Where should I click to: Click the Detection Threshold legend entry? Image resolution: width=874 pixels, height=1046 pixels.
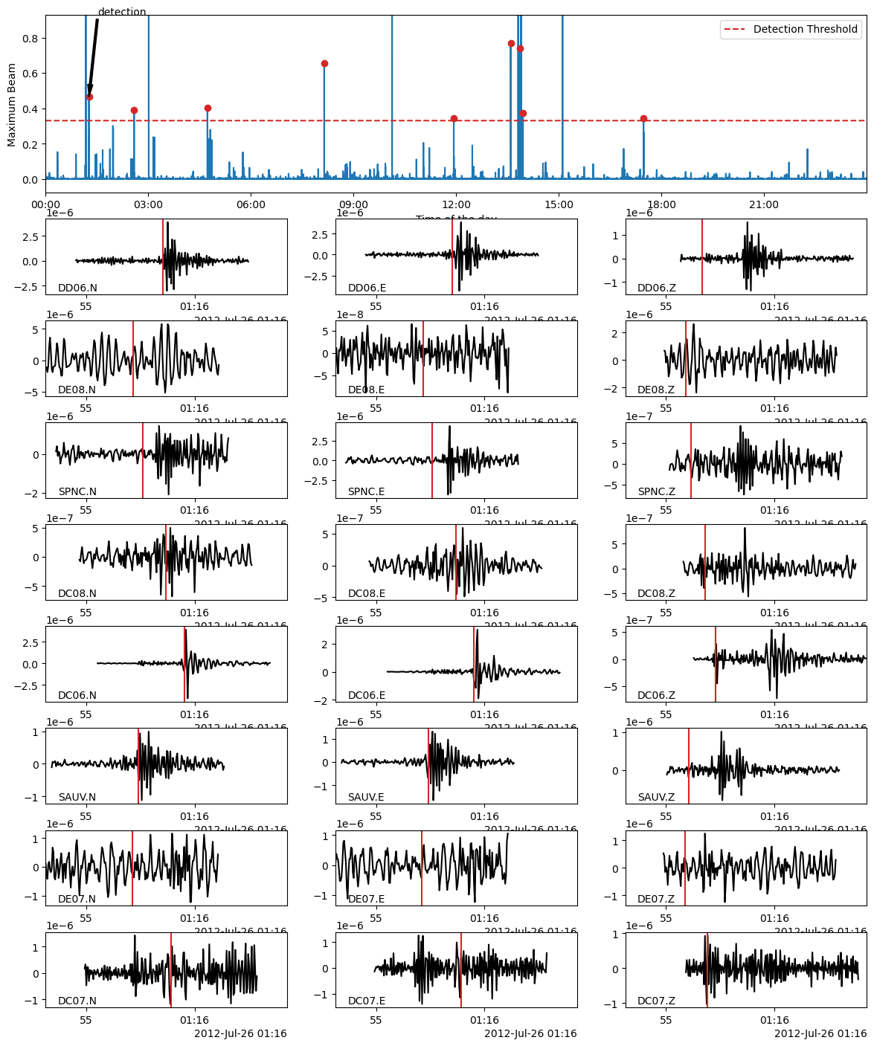[x=805, y=30]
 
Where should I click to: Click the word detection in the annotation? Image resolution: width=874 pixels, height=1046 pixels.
[x=122, y=12]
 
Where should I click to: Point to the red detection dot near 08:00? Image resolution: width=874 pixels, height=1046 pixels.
[x=324, y=64]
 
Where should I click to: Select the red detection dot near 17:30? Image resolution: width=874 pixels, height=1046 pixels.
[x=643, y=119]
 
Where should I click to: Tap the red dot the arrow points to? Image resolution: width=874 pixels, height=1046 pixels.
[x=89, y=97]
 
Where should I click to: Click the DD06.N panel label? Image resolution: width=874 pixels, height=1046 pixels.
[x=77, y=288]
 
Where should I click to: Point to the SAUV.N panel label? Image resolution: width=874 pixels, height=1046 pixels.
[x=77, y=797]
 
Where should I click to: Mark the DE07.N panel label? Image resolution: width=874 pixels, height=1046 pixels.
[x=77, y=899]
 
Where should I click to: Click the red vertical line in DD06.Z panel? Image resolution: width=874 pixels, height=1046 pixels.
[x=701, y=256]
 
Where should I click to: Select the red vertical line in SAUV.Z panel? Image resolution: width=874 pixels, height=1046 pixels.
[x=689, y=766]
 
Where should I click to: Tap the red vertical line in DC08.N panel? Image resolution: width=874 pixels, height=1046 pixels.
[x=166, y=562]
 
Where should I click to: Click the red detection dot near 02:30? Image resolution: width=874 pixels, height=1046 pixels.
[x=134, y=111]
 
